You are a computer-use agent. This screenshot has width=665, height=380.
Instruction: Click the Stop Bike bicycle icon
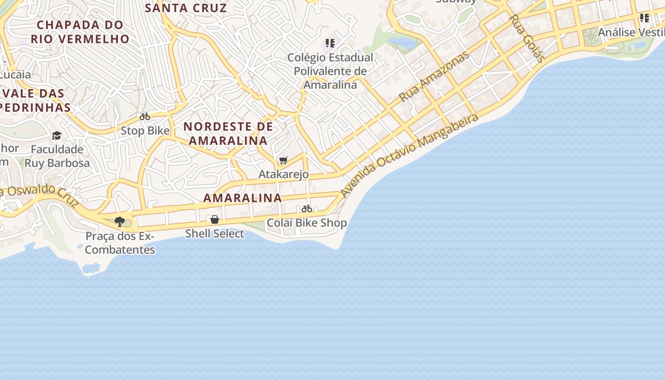(x=145, y=116)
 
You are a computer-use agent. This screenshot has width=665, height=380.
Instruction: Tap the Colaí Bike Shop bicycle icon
(x=307, y=209)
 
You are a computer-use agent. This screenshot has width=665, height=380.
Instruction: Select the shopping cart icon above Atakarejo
(x=284, y=160)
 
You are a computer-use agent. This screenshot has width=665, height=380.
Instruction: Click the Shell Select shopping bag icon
(x=215, y=219)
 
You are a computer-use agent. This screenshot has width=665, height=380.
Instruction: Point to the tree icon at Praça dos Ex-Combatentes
(x=120, y=221)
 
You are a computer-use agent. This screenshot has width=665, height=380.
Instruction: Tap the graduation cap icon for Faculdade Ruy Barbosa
(x=57, y=136)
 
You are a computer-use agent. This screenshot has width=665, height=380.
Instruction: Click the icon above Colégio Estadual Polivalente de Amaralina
(x=330, y=44)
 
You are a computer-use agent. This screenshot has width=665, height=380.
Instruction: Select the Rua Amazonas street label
(x=434, y=76)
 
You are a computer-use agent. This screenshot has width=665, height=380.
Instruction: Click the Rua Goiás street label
(x=527, y=38)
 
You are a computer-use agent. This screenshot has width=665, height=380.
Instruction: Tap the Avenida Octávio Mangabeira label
(x=409, y=155)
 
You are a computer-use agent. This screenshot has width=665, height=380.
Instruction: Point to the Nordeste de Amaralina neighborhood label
(x=228, y=133)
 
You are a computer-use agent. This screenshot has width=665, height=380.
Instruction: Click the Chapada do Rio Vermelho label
(x=80, y=32)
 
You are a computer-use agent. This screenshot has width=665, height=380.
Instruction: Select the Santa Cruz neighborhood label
(x=186, y=8)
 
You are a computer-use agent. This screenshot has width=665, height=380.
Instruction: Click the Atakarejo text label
(x=284, y=174)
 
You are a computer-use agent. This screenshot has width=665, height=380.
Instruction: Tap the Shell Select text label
(x=215, y=234)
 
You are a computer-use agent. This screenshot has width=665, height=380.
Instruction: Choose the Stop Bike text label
(x=145, y=131)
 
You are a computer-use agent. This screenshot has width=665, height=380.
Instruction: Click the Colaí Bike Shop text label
(x=307, y=223)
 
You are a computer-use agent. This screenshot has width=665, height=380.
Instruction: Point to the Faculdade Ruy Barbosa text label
(x=57, y=156)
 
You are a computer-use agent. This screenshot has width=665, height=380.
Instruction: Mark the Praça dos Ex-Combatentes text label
(x=120, y=243)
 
